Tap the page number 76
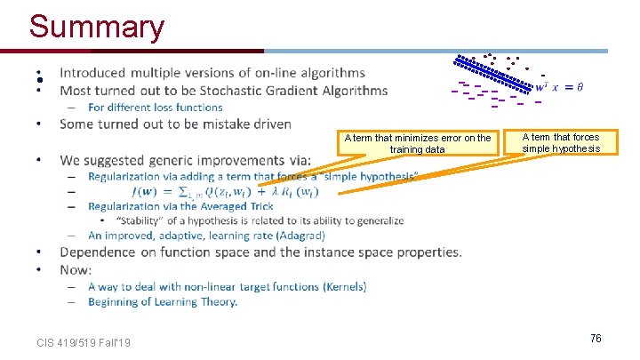click(596, 338)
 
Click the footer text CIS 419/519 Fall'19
click(84, 342)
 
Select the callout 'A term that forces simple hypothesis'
click(561, 142)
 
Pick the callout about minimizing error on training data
click(418, 143)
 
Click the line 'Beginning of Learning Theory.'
click(163, 302)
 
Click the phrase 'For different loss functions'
click(156, 108)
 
